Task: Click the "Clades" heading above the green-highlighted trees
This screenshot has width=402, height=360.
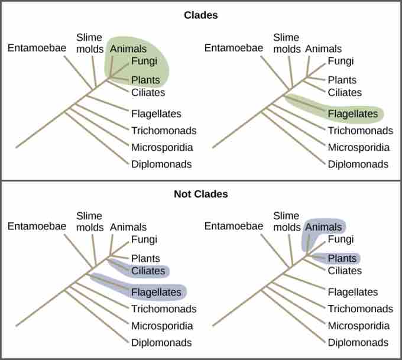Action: (201, 15)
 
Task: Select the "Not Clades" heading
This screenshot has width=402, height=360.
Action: (201, 194)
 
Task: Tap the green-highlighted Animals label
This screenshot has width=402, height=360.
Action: (128, 49)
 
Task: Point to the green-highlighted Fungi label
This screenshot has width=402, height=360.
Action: (144, 61)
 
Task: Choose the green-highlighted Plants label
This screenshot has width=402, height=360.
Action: (145, 80)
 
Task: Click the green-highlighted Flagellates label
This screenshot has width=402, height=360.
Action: (352, 113)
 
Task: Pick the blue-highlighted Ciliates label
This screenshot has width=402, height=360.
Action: (148, 271)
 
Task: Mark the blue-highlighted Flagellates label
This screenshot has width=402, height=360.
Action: (156, 292)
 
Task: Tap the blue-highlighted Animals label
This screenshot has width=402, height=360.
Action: (324, 227)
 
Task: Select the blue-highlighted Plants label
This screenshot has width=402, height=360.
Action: (342, 258)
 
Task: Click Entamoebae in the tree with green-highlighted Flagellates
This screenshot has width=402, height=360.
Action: (234, 47)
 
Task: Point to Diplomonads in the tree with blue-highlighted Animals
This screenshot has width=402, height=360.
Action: (358, 342)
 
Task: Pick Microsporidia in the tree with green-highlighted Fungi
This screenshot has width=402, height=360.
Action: (162, 147)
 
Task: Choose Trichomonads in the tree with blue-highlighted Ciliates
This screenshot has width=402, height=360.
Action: (164, 309)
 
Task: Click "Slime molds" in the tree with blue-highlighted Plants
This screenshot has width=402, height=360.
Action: (286, 222)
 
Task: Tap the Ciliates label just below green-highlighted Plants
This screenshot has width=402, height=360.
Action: (148, 93)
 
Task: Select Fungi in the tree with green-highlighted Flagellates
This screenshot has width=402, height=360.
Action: (341, 61)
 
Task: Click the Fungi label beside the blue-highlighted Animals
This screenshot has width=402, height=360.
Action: (341, 239)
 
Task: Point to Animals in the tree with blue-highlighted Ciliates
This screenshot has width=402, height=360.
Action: (128, 227)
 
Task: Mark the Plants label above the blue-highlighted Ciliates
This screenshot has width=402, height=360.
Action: (145, 258)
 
